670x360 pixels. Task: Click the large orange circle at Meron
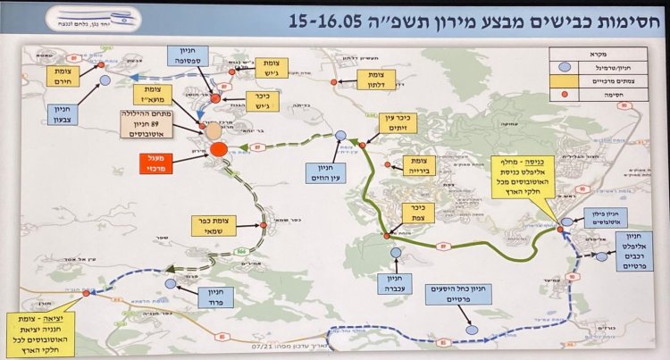[x=217, y=150]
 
